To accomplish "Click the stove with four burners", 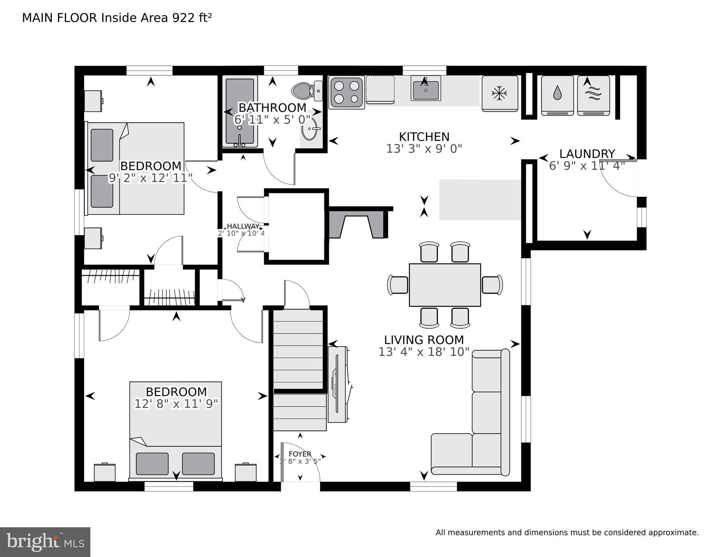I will coord(347,93).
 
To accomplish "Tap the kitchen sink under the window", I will coord(426,88).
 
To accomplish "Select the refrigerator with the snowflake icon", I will coord(500,93).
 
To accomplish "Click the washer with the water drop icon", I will coord(557,95).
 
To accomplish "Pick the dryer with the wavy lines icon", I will coord(593,95).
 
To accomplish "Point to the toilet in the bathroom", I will coord(307,90).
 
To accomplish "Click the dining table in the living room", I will coord(445,285).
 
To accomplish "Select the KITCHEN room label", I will coord(424,137).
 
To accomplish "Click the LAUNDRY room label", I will coord(587,153).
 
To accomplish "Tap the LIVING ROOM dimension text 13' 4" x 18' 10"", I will coord(424,352).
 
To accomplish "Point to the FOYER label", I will coord(300,454).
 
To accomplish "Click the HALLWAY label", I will coord(243,226).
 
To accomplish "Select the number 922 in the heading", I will coord(183,18).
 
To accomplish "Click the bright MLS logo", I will coord(45,542).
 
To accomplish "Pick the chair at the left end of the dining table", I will coord(398,285).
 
